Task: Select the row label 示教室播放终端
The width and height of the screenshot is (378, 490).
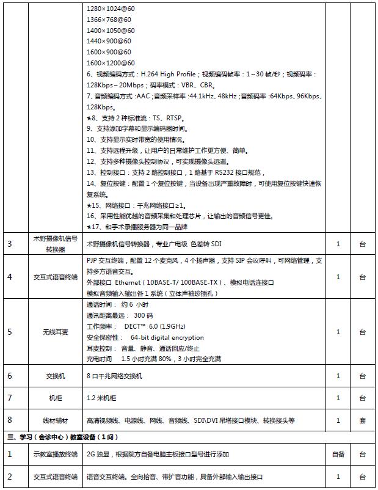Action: pos(56,455)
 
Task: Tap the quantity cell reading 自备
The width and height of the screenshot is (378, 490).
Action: pos(338,455)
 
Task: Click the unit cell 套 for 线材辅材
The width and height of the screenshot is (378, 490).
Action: pos(363,420)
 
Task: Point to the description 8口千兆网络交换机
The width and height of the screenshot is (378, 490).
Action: pos(114,376)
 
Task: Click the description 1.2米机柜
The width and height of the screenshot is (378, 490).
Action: pos(101,398)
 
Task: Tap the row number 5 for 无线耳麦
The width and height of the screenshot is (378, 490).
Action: pos(10,332)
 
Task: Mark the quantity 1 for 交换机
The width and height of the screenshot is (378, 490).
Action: pos(338,376)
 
